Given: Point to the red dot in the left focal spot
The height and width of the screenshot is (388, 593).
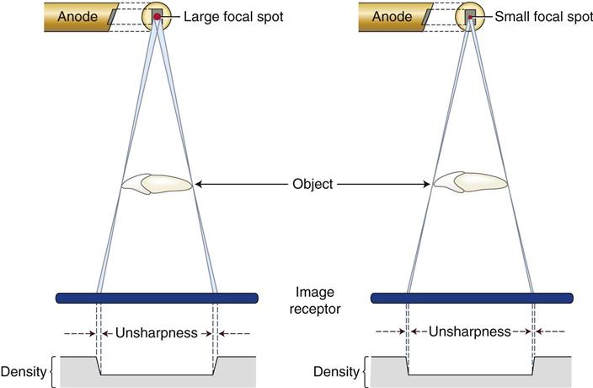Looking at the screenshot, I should (x=157, y=17).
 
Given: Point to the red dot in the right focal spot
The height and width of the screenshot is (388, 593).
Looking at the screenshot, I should (x=470, y=18).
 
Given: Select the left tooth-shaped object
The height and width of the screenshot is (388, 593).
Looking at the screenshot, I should (x=157, y=184).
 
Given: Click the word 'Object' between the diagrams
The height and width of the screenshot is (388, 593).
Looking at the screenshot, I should (x=312, y=184).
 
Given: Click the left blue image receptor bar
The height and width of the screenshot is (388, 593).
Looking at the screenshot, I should (x=157, y=298).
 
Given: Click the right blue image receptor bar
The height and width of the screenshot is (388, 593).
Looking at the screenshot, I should (x=472, y=298).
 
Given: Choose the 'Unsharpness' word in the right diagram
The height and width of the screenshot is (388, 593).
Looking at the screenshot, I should (x=470, y=332).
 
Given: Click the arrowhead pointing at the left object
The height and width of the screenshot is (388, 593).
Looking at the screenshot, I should (x=198, y=184).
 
